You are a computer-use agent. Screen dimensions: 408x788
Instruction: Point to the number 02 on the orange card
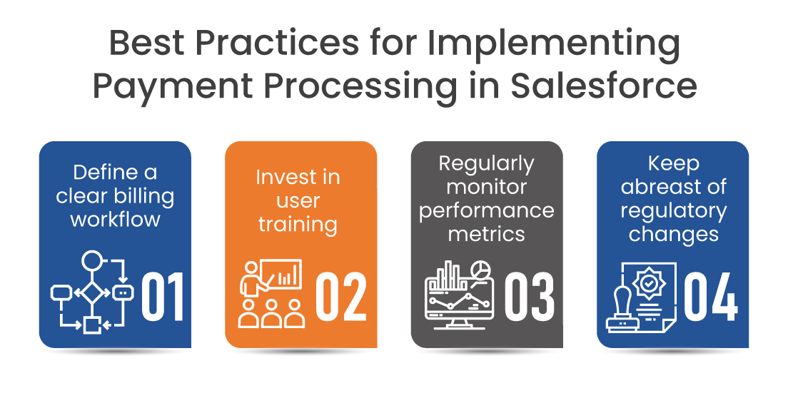[341, 296]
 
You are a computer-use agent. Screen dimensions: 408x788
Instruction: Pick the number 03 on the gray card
[529, 296]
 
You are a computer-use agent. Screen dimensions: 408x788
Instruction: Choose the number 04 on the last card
[711, 295]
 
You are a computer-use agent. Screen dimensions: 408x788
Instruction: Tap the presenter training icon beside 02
[270, 292]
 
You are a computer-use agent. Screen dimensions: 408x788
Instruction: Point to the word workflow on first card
[115, 218]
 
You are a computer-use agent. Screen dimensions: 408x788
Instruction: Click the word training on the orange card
[298, 224]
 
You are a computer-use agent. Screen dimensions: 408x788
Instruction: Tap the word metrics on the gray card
[487, 233]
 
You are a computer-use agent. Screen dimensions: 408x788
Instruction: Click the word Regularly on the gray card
[487, 163]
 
